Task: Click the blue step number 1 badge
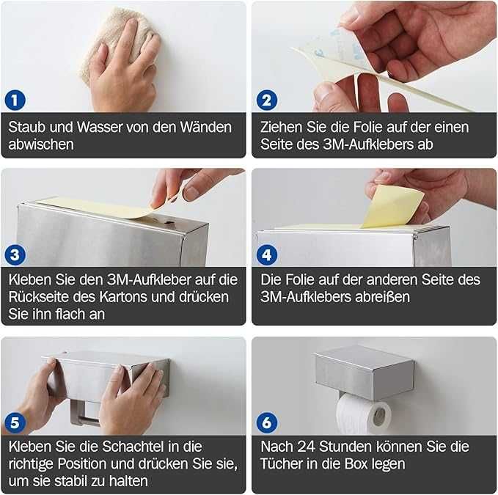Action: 15,100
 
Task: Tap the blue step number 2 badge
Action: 267,100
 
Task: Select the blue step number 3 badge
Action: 15,254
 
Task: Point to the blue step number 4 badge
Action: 267,254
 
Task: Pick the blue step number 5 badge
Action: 15,422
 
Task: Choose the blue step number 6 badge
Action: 267,422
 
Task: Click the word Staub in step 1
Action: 26,128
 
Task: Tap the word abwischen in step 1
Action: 41,144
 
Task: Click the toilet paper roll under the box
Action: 364,414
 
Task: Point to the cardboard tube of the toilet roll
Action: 379,417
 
